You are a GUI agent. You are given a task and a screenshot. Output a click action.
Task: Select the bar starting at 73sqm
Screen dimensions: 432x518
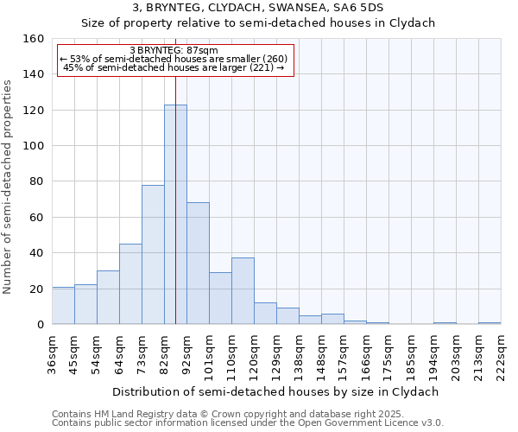(153, 255)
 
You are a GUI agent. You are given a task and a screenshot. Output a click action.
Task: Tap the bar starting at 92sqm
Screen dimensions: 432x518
(198, 264)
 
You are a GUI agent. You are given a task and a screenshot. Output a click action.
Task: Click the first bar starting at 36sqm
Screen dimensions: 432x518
(63, 306)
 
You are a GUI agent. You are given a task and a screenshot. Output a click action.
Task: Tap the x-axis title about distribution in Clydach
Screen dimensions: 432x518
(276, 391)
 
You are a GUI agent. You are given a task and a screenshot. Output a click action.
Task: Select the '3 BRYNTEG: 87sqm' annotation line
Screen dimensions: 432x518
(175, 50)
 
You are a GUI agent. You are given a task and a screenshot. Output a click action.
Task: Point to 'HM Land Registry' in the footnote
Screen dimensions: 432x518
(132, 414)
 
